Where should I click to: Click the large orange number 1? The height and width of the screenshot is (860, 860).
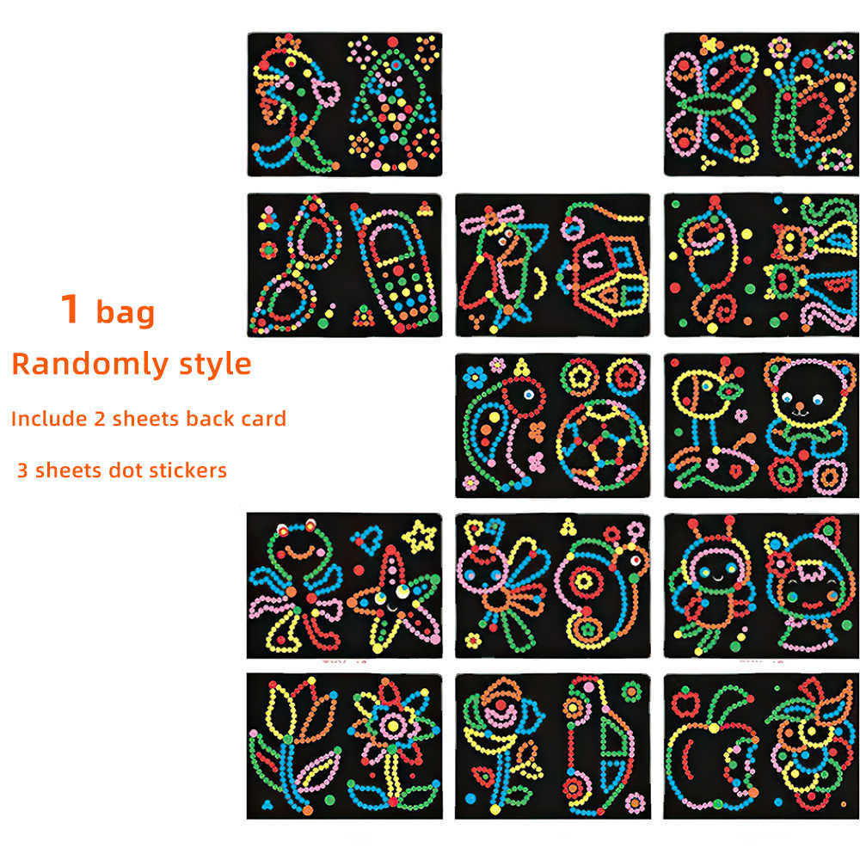click(70, 308)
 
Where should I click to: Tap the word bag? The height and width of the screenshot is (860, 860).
click(126, 313)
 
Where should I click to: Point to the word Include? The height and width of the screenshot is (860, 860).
click(49, 419)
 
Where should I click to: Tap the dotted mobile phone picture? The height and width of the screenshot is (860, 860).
click(395, 267)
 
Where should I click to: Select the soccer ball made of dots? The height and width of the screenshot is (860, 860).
click(602, 445)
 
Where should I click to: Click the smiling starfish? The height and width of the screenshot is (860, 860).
click(395, 599)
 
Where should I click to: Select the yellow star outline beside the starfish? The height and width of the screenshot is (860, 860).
click(420, 536)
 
